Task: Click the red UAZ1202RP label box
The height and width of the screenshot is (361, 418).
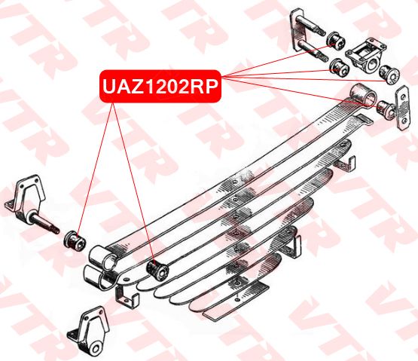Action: pos(160,86)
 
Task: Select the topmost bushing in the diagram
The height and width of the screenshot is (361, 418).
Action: pos(336,41)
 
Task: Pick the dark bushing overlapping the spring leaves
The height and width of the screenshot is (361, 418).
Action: pos(158,271)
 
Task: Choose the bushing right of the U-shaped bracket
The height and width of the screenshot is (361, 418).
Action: pos(389,73)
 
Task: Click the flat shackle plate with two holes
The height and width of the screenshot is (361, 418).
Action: pos(402,108)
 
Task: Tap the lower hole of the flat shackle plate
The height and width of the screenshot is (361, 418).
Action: pos(404,121)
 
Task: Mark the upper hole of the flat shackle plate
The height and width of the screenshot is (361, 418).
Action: pos(401,93)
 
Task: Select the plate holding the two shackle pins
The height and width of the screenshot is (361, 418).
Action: pos(297,31)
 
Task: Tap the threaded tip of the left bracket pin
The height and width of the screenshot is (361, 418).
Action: pos(56,230)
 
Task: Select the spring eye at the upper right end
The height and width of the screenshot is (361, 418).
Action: pos(364,96)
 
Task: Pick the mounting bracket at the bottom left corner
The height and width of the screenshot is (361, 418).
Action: pos(89,332)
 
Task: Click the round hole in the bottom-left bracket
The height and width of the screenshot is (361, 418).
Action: pos(96,349)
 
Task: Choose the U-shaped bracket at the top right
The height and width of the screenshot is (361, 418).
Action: pos(365,57)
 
